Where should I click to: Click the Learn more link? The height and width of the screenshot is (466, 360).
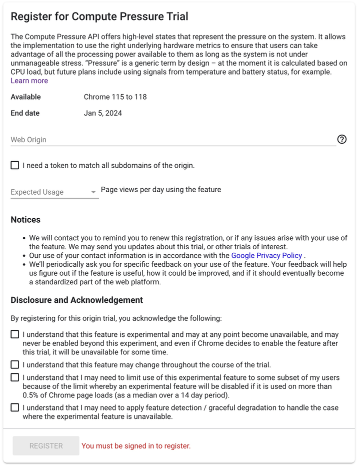point(29,81)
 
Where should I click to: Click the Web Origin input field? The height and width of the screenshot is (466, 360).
point(172,140)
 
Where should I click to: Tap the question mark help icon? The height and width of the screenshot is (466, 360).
point(342,140)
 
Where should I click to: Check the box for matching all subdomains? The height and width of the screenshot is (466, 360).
point(15,165)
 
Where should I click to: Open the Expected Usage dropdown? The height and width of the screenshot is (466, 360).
point(54,192)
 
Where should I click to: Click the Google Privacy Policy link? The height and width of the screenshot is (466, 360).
point(266,256)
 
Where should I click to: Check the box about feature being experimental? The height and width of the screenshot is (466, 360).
point(15,334)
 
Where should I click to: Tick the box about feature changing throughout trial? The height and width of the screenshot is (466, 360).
point(15,365)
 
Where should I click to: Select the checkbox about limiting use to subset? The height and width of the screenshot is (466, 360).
point(15,377)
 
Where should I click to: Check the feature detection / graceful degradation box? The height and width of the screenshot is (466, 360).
point(15,408)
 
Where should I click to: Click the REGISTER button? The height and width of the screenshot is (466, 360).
point(46,446)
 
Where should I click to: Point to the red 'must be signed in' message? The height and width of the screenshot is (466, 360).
point(136,446)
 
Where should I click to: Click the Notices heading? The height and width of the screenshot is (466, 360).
point(25,220)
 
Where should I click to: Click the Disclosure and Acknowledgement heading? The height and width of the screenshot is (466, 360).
point(77,300)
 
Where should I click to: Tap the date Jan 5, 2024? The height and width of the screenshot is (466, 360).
point(103,113)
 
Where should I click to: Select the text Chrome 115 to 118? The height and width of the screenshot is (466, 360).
point(115,97)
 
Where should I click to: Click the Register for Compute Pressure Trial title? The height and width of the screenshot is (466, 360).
point(99,17)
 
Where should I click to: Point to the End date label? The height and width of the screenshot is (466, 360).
point(25,113)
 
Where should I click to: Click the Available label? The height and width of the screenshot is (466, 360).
point(26,97)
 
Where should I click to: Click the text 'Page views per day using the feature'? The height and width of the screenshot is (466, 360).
point(161,190)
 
